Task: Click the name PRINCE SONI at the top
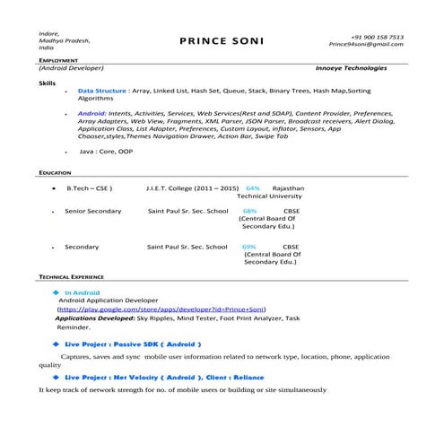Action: coord(221,40)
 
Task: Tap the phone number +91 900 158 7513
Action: coord(377,36)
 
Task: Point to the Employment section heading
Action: coord(58,59)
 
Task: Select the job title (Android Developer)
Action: coord(72,68)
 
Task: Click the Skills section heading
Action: coord(47,82)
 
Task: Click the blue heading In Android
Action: coord(82,292)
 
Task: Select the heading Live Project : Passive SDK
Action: coord(133,344)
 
